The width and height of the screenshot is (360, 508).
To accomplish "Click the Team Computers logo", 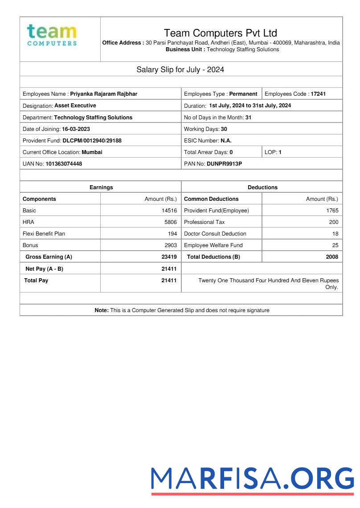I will pos(52,35).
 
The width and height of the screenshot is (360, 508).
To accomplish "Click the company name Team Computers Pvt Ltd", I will pos(220,33).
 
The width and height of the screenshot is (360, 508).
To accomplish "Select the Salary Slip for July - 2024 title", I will pos(180,69).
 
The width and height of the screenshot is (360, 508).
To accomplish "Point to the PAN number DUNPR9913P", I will pos(224,163).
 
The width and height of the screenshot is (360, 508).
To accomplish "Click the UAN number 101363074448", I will pos(64,163).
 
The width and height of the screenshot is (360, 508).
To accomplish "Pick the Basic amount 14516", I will pos(169,211).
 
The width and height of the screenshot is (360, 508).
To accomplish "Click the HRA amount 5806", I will pos(170,222).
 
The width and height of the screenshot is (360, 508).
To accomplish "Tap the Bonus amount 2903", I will pos(170,245).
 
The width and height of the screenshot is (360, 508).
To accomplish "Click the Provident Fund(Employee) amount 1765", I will pos(332,211).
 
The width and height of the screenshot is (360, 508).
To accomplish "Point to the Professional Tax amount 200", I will pos(333,222).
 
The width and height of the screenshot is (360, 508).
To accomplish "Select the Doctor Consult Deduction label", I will pos(215,234).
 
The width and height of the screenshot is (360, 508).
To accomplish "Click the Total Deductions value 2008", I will pos(332,257).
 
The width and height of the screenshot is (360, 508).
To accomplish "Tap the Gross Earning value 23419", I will pos(169,257).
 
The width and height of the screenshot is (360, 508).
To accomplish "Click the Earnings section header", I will pos(101,187).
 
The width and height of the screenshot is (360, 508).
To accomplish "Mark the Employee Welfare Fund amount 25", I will pos(335,245).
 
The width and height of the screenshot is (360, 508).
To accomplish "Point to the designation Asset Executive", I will pos(75,106).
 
